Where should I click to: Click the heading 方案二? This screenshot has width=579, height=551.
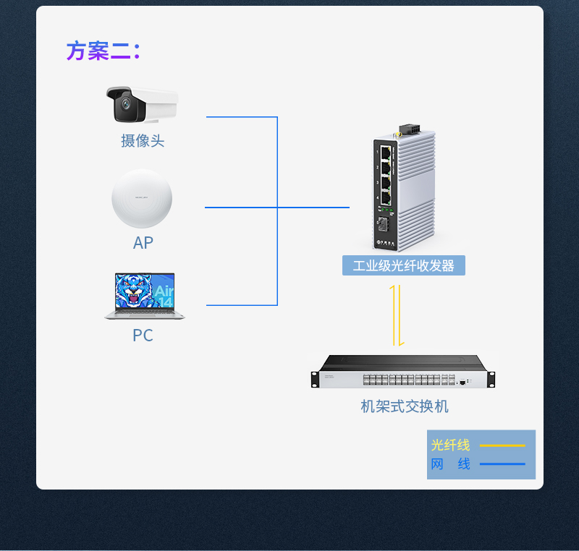click(102, 51)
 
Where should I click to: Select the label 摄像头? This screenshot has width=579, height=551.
click(143, 140)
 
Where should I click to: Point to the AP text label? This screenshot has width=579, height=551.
click(143, 242)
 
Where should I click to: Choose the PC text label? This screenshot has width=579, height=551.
click(143, 336)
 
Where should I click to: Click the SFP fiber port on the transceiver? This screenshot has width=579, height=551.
click(383, 223)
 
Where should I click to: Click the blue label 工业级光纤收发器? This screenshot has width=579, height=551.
click(403, 265)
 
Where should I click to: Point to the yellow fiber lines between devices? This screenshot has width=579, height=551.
click(395, 315)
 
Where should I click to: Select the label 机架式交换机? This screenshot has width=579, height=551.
click(405, 406)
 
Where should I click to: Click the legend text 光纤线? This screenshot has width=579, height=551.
click(450, 445)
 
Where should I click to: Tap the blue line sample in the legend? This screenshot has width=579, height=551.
click(502, 464)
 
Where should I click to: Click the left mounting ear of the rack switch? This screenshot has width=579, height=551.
click(316, 379)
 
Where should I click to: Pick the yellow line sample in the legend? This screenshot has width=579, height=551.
click(502, 445)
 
